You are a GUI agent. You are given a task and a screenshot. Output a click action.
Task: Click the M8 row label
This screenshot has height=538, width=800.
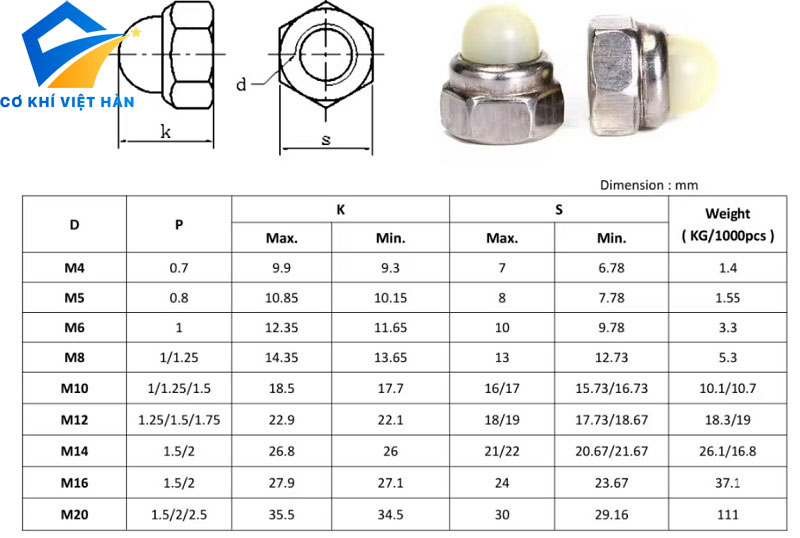point(74,357)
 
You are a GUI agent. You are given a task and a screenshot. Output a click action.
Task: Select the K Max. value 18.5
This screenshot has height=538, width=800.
point(282,388)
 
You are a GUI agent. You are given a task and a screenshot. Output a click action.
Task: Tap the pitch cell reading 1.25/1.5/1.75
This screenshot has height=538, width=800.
point(179,420)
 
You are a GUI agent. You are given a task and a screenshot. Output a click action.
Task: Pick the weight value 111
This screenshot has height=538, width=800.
point(728,515)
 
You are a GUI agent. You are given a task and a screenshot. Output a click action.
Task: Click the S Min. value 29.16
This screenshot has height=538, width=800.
point(611,515)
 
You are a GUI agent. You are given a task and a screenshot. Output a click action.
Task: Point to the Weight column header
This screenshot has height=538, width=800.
point(728,225)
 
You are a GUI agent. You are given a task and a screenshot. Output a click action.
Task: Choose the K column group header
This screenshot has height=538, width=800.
point(340,209)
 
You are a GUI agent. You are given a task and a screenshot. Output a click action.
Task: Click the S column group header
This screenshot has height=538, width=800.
point(559,209)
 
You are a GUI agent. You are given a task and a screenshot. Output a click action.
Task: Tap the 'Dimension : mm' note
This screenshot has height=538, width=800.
point(649,185)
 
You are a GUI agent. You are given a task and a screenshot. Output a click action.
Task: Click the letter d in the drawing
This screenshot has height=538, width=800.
point(241,84)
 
